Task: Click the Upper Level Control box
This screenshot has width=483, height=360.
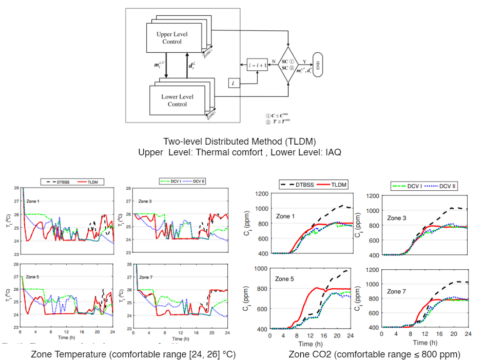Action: coord(172,38)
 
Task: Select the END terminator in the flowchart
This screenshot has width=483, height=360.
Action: coord(318,65)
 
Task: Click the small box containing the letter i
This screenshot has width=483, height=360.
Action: coord(234,82)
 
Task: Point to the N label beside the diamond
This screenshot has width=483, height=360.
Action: coord(273,61)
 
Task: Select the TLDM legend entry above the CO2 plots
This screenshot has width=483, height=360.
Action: coord(337,184)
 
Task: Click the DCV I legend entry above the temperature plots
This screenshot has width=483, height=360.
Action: coord(171,181)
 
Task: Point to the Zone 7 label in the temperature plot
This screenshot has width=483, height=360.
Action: coord(146,277)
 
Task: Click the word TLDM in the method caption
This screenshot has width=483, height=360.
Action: coord(304,141)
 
